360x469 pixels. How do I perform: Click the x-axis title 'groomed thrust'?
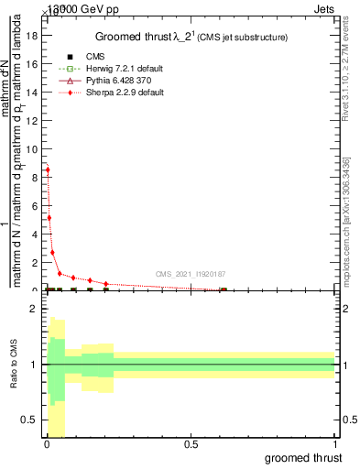point(303,457)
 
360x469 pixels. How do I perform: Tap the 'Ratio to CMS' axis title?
point(14,378)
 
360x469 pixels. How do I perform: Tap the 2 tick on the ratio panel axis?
point(34,309)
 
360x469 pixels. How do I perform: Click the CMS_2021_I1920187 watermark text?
point(190,274)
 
